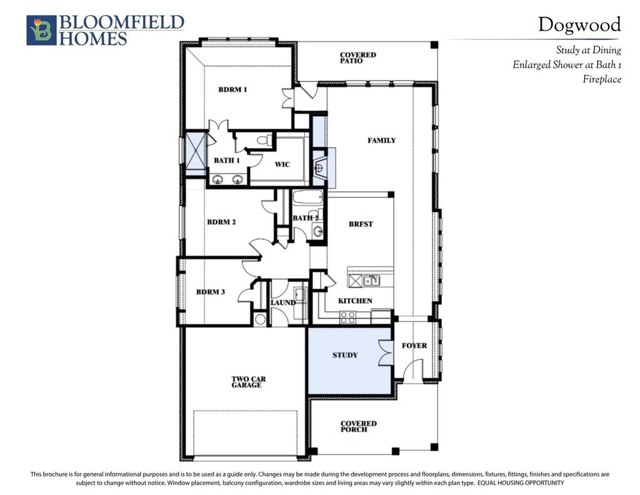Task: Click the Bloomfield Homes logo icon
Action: tap(41, 30)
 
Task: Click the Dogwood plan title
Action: tap(579, 25)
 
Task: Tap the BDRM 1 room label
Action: tap(232, 89)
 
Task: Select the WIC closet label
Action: tap(282, 164)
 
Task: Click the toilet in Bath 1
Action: tap(264, 141)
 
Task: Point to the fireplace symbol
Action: tap(319, 167)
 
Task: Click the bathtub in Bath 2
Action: tap(308, 198)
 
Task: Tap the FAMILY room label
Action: tap(382, 141)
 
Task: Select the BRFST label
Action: tap(361, 224)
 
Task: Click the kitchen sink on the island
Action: tap(371, 281)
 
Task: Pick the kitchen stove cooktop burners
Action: tap(347, 317)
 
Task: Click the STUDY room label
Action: tap(345, 355)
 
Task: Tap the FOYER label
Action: tap(414, 346)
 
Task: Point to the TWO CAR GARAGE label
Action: tap(249, 382)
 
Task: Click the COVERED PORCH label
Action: tap(359, 426)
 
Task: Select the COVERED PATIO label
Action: tap(358, 57)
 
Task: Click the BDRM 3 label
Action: tap(211, 292)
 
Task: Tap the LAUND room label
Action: tap(283, 302)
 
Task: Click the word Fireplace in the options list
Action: tap(602, 79)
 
